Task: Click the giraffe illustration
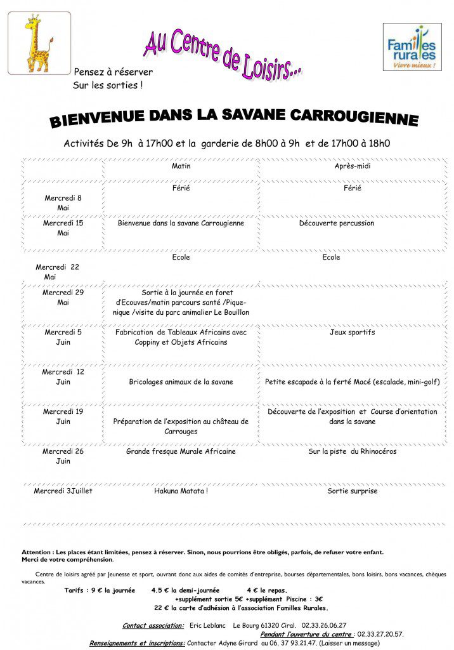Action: click(39, 43)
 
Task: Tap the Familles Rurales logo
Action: click(412, 47)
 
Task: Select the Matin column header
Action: click(181, 166)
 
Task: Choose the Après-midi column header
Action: click(353, 166)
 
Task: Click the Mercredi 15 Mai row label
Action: click(63, 228)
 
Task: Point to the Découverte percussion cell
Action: click(337, 223)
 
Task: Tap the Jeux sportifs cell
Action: click(353, 332)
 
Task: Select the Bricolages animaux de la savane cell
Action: click(181, 382)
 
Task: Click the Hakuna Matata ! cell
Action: click(181, 491)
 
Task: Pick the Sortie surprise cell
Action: click(353, 491)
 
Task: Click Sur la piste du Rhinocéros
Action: click(353, 451)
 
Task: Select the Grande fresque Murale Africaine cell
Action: click(181, 451)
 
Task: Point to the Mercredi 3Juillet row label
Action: click(63, 491)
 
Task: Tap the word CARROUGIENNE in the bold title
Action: click(354, 118)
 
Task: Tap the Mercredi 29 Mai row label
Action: click(63, 298)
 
